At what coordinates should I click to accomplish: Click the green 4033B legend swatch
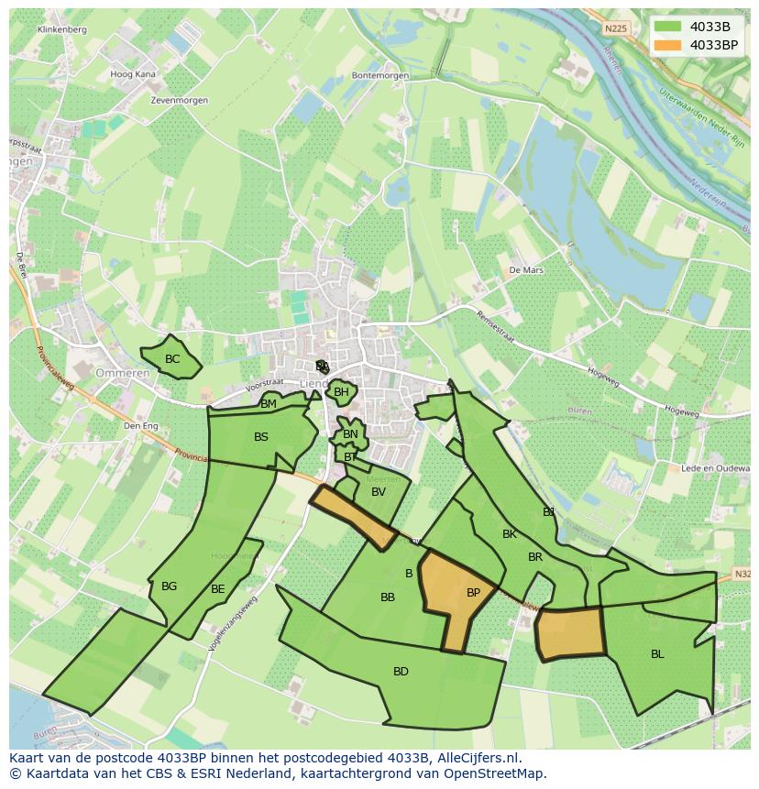click(x=668, y=26)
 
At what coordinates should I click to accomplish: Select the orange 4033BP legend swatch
click(x=668, y=45)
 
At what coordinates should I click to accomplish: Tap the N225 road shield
click(x=616, y=28)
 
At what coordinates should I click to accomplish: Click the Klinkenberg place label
click(x=62, y=29)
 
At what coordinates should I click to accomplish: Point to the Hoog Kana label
click(x=133, y=74)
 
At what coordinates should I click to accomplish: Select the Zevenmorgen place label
click(x=180, y=100)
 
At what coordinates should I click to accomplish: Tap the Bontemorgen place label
click(x=379, y=76)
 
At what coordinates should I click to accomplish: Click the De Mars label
click(x=526, y=270)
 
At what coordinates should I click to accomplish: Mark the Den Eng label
click(x=141, y=425)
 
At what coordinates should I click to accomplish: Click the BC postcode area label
click(x=171, y=359)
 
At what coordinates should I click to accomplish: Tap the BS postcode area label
click(x=261, y=437)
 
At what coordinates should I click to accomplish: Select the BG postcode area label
click(x=169, y=586)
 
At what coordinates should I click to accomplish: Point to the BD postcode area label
click(x=401, y=672)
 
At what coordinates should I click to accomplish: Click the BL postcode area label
click(x=657, y=654)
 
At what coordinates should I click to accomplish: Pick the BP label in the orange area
click(x=473, y=593)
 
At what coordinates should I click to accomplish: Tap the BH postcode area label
click(x=341, y=392)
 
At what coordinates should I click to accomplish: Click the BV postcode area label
click(x=379, y=492)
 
